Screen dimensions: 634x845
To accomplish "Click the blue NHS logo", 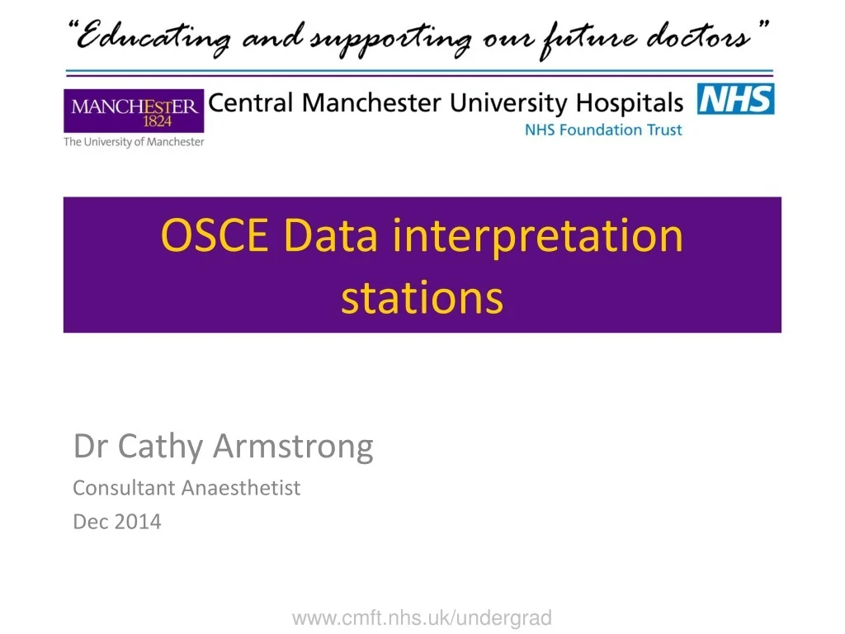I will click(736, 99).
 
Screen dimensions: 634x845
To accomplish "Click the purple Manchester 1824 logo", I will click(134, 111).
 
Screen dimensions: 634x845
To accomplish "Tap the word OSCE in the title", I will click(214, 236).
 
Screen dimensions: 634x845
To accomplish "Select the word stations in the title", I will click(422, 297).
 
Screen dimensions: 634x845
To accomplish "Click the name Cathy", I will click(163, 447).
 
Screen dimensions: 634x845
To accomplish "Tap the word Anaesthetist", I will click(241, 488).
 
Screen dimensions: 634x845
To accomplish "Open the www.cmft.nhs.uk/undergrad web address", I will click(422, 617).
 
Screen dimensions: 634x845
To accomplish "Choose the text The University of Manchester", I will click(134, 142).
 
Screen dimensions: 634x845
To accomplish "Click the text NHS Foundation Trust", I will click(604, 130).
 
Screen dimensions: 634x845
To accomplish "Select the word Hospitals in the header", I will click(630, 103).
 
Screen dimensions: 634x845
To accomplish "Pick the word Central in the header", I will click(251, 103).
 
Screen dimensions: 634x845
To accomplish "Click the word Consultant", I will click(125, 488).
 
